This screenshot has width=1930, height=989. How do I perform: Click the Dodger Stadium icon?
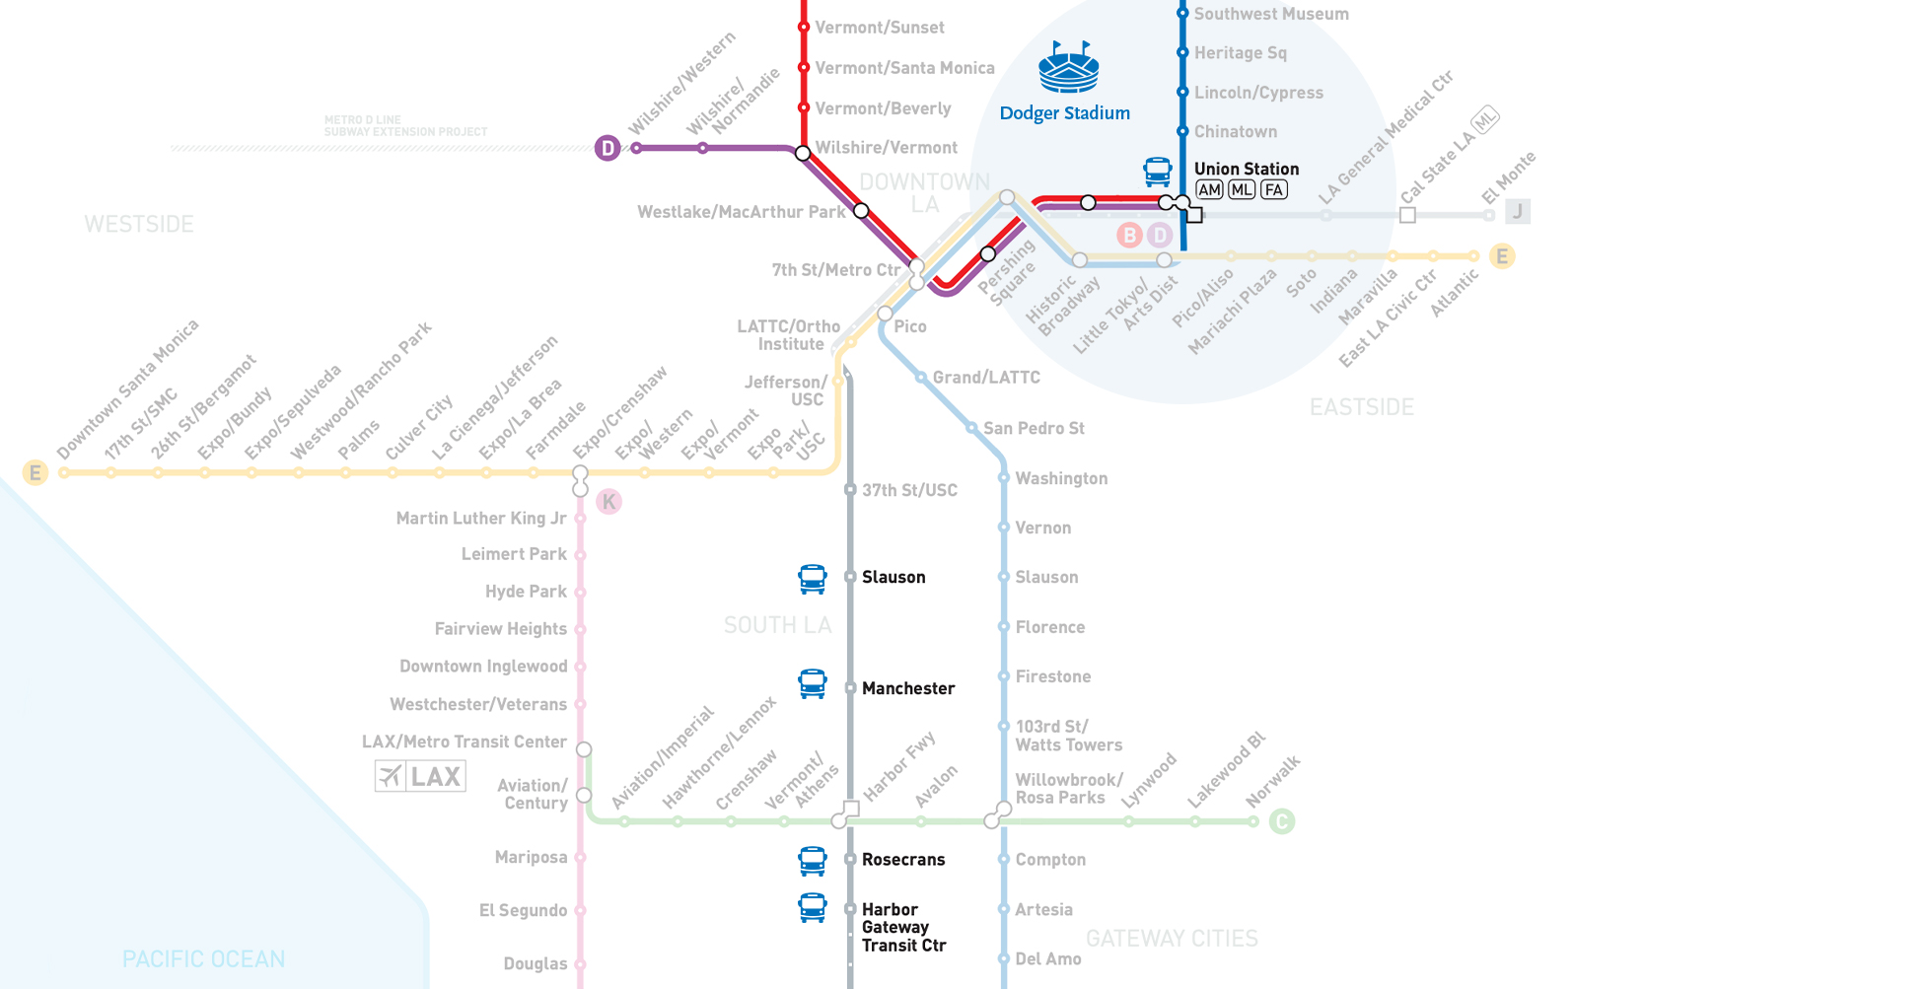point(1068,67)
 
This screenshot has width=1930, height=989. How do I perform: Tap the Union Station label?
point(1247,169)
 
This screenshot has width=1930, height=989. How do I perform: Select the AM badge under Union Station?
point(1209,190)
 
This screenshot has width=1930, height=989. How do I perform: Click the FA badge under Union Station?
point(1274,190)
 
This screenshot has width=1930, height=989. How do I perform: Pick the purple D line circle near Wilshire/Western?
point(608,148)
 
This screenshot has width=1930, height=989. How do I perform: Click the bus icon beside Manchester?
point(813,683)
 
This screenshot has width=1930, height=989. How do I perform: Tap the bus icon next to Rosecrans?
point(813,861)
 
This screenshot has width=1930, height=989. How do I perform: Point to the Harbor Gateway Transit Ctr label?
point(903,927)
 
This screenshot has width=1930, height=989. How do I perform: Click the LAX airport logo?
point(420,776)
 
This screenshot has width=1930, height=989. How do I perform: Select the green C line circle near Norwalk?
point(1281,821)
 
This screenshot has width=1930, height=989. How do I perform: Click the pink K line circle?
point(609,502)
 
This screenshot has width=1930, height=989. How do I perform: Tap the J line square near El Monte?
point(1518,211)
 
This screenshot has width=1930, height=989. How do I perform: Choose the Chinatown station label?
point(1236,131)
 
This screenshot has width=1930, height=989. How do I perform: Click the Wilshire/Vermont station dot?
point(803,153)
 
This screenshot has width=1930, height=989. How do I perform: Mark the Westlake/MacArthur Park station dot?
point(861,210)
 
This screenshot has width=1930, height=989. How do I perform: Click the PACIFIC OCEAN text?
point(204,958)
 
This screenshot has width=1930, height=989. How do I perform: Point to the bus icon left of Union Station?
point(1158,172)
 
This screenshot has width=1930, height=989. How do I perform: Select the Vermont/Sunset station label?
point(880,28)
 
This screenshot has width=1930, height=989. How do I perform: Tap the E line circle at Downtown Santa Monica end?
point(36,472)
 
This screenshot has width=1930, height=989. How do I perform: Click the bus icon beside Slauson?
point(813,579)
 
